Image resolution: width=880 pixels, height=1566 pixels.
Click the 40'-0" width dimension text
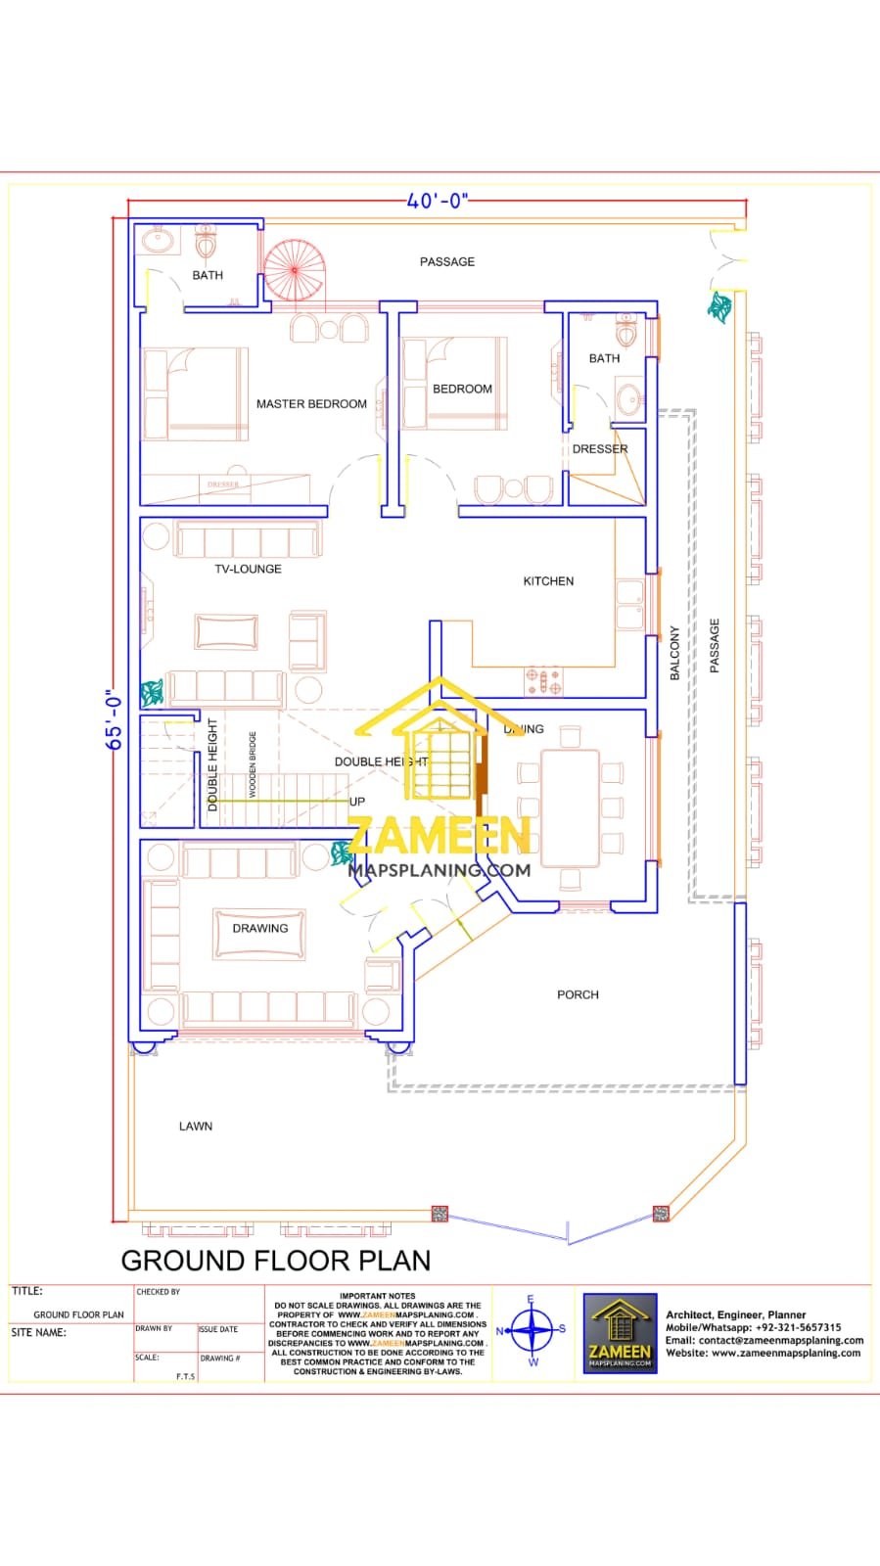(438, 202)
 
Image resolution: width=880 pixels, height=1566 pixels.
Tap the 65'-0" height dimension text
(116, 719)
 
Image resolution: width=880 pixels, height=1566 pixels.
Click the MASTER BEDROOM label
(311, 403)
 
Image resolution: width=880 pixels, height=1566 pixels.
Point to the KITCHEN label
(548, 581)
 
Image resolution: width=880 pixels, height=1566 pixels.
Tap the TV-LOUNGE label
(248, 569)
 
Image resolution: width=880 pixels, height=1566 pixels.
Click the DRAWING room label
(260, 928)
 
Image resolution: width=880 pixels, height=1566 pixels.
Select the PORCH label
(578, 994)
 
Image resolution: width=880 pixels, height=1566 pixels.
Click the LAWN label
(196, 1127)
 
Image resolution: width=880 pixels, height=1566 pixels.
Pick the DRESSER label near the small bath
(600, 449)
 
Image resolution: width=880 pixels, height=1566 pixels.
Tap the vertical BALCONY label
(674, 654)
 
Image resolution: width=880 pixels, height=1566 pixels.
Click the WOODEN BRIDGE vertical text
(253, 764)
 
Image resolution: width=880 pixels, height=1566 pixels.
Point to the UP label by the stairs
(357, 802)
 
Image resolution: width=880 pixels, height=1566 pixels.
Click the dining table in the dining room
(570, 808)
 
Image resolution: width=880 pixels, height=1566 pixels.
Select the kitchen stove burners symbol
(543, 681)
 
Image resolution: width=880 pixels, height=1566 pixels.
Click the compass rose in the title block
(532, 1330)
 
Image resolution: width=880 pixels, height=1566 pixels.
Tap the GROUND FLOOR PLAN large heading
(276, 1261)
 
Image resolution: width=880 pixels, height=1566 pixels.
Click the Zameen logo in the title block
(620, 1332)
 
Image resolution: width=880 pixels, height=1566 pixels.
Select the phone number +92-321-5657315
(798, 1328)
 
